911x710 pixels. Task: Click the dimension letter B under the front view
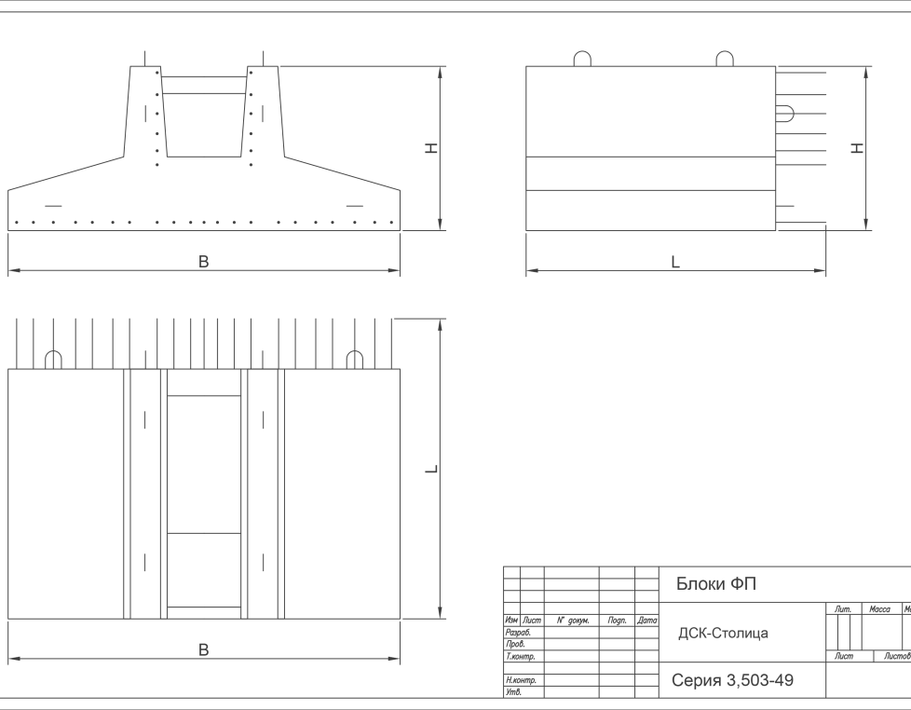click(x=203, y=262)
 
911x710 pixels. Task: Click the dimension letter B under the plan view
click(x=203, y=649)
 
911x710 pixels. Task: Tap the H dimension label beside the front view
click(x=431, y=148)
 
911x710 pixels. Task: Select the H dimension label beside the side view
click(x=858, y=148)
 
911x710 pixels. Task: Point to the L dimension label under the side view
click(x=675, y=262)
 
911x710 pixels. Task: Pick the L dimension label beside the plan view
click(x=431, y=469)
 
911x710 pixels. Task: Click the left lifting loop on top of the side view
click(x=582, y=60)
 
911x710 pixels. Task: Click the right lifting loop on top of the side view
click(x=725, y=60)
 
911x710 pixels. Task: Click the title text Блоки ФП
click(x=715, y=584)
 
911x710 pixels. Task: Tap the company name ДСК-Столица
click(x=723, y=634)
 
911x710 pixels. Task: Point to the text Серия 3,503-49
click(x=733, y=680)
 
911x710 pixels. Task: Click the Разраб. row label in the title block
click(x=518, y=633)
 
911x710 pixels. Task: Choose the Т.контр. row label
click(x=520, y=657)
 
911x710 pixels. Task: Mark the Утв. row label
click(x=513, y=692)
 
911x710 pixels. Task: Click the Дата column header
click(x=647, y=621)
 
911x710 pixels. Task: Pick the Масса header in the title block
click(x=879, y=608)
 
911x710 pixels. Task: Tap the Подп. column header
click(x=617, y=621)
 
